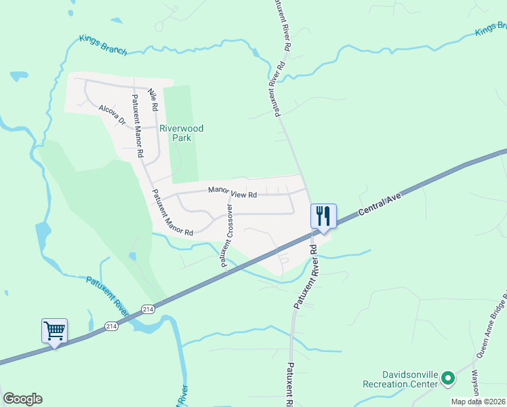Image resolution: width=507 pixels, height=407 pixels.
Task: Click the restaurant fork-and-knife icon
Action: coord(323,216)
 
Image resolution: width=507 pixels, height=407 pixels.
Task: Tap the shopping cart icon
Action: coord(54,331)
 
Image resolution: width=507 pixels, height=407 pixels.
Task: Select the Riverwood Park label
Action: coord(181,133)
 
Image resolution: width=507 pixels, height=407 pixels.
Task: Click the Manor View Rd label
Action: coord(232,193)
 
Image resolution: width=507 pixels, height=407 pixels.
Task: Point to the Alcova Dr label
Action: coord(113,114)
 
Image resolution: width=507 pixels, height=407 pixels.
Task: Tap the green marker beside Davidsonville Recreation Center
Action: coord(447,379)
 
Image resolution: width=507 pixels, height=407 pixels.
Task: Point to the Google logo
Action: coord(22,399)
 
